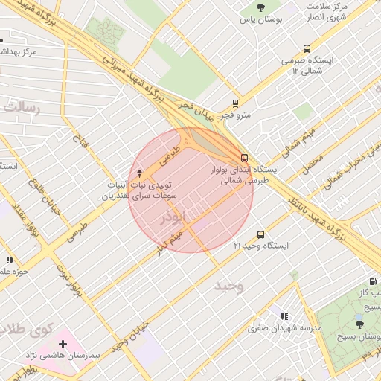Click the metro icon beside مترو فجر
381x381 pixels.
tap(236, 104)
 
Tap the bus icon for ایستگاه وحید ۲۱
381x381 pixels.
tap(260, 234)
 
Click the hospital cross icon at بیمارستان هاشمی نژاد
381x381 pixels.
tap(63, 345)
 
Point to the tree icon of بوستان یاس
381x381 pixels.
tap(260, 7)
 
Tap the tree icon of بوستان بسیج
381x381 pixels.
tap(359, 324)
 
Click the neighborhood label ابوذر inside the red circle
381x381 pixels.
tap(176, 218)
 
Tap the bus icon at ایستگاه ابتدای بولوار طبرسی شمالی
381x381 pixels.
tap(245, 158)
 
